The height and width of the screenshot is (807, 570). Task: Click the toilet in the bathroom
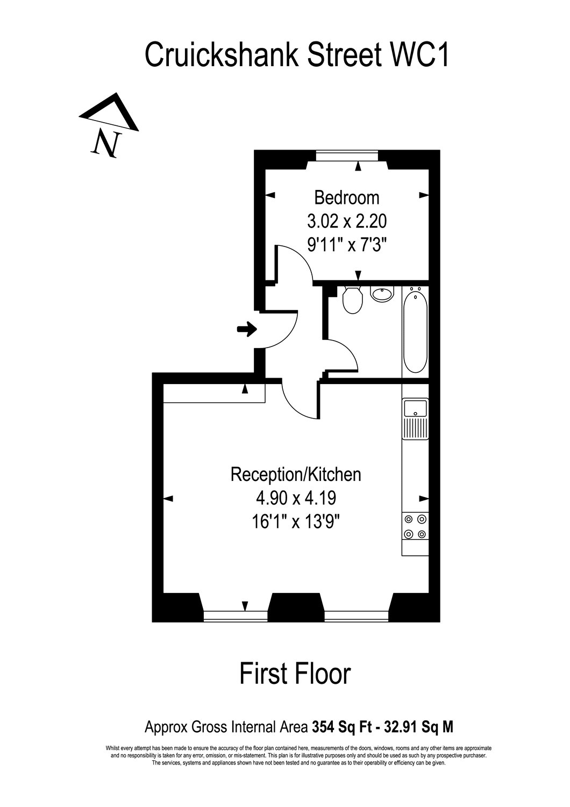click(x=353, y=300)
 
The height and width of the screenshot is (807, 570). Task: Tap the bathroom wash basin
click(x=382, y=294)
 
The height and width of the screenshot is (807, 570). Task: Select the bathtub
click(x=415, y=331)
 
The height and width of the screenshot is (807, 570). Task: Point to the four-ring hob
click(x=416, y=527)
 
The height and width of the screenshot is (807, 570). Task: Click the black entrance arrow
click(x=247, y=329)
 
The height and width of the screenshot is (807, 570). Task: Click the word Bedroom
click(x=347, y=198)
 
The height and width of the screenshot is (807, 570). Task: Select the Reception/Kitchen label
click(x=296, y=475)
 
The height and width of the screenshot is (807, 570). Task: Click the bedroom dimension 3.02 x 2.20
click(x=347, y=221)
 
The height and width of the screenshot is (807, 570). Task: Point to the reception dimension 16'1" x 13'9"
click(x=296, y=521)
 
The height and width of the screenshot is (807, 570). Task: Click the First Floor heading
click(x=295, y=674)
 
